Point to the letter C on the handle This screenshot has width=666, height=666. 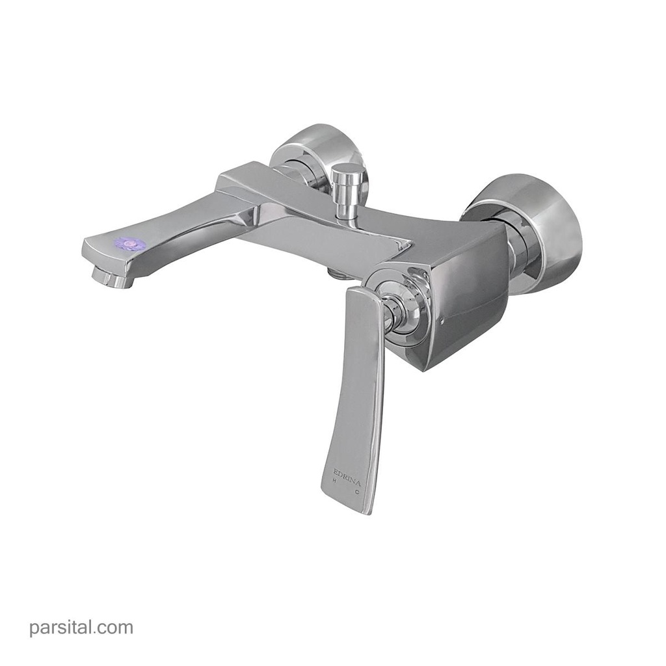pyautogui.click(x=357, y=492)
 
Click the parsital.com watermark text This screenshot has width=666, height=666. pyautogui.click(x=81, y=628)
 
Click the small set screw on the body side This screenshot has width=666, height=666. pyautogui.click(x=441, y=321)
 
